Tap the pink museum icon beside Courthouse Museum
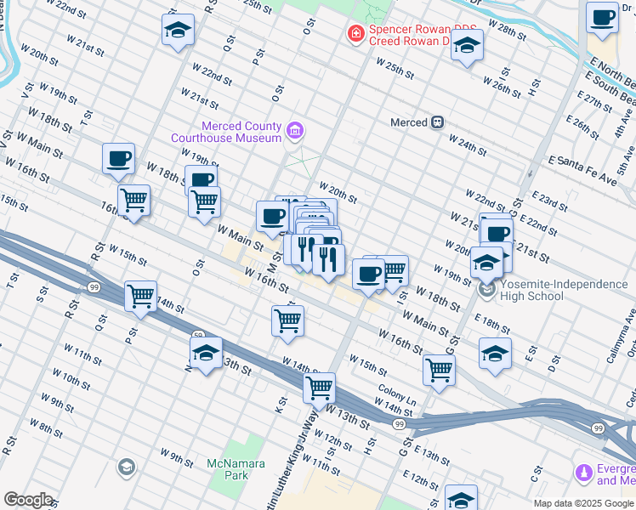coord(295,131)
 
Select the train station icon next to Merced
coord(438,122)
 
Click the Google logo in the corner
coord(28,500)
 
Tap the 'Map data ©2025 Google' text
coord(583,503)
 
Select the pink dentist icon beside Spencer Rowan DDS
coord(355,34)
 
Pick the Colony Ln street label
coord(397,399)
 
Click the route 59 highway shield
coord(196,335)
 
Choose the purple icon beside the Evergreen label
coord(583,472)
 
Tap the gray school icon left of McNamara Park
coord(126,467)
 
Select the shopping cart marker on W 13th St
coord(319,387)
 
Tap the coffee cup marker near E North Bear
coord(602,17)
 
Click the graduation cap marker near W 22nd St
coord(178,30)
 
